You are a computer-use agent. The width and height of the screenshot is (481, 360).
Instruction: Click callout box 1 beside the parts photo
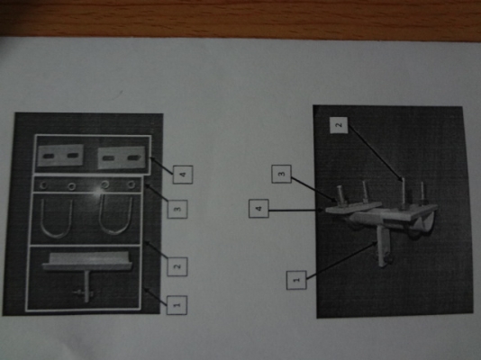click(x=177, y=305)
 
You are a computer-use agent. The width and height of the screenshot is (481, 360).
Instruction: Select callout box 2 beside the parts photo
click(x=177, y=266)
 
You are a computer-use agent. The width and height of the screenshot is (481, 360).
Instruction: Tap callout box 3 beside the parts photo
click(x=177, y=209)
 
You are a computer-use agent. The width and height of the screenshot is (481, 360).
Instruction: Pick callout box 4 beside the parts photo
click(x=183, y=175)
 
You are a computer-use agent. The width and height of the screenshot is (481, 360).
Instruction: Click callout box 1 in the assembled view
click(x=296, y=280)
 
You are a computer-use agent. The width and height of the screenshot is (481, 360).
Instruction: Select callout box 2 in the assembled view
click(x=339, y=125)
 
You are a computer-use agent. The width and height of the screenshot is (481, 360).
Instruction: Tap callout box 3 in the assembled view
click(x=281, y=174)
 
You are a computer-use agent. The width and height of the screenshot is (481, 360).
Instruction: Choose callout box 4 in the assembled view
click(x=259, y=208)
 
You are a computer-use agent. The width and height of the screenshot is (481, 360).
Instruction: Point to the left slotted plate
click(x=60, y=156)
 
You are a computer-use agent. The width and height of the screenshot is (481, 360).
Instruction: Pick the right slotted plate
click(x=122, y=157)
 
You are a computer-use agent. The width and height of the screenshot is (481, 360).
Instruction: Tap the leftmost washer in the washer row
click(x=43, y=185)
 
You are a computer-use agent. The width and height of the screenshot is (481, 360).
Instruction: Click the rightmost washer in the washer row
click(x=132, y=184)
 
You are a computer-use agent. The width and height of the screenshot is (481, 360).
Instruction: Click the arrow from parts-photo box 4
click(x=161, y=166)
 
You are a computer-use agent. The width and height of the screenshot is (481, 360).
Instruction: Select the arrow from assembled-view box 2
click(x=374, y=153)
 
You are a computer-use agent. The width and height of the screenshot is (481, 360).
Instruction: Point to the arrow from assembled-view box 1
click(x=341, y=260)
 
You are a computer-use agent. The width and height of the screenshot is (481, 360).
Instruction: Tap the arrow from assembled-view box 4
click(x=296, y=211)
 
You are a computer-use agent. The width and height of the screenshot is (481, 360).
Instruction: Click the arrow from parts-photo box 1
click(x=156, y=296)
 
